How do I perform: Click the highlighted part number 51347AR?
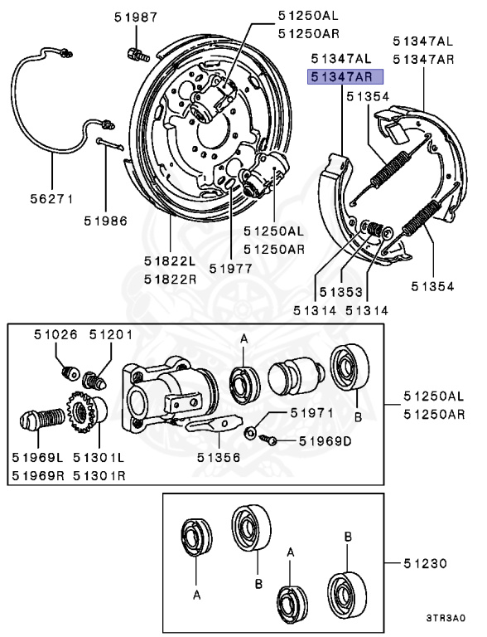pos(341,76)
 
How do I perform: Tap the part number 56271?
pos(52,199)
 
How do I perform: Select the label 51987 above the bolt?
pos(135,17)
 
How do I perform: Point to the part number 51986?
pos(105,221)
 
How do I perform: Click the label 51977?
pos(230,268)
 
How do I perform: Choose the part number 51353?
pos(341,292)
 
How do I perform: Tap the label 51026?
pos(55,334)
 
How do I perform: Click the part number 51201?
pos(111,334)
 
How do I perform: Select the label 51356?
pos(219,457)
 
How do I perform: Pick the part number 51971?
pos(311,413)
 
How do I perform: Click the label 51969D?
pos(325,440)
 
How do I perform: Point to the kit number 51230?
pos(425,563)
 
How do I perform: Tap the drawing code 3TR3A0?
pos(446,618)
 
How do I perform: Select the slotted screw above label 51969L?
pos(41,419)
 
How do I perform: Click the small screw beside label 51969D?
pos(268,439)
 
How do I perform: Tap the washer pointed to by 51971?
pos(249,432)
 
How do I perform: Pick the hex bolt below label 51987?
pos(138,55)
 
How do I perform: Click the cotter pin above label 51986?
pos(110,143)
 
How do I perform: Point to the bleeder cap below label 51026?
pos(70,372)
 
